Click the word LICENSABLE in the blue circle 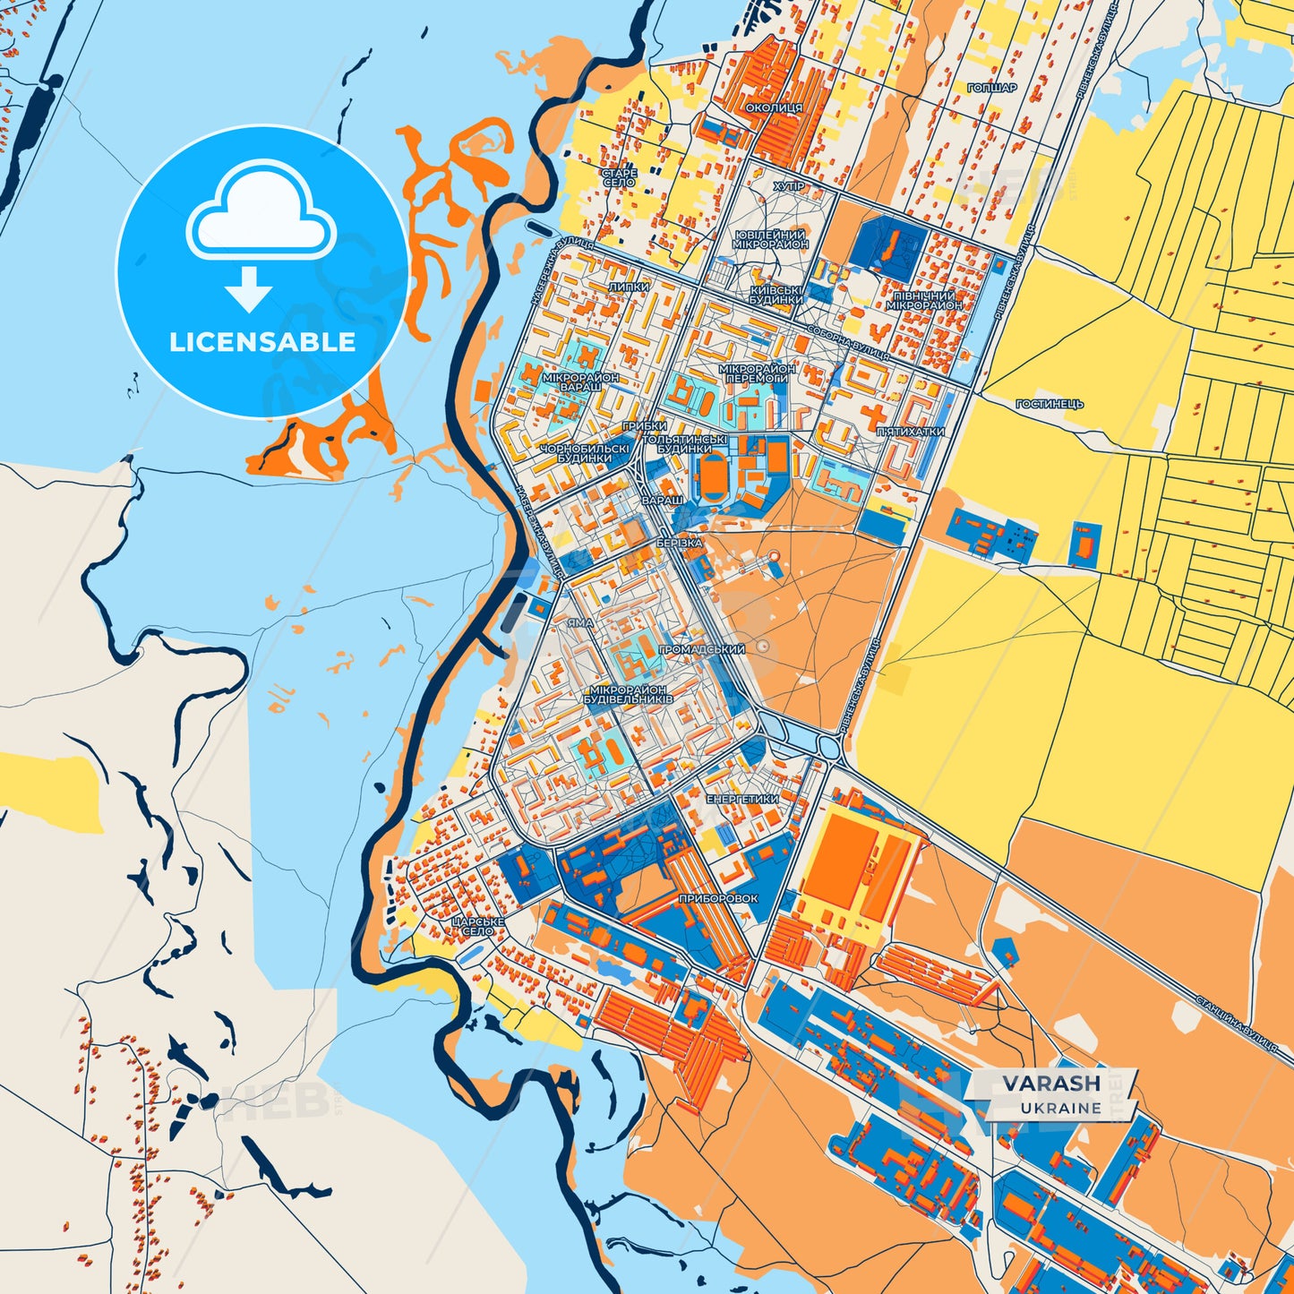pyautogui.click(x=262, y=342)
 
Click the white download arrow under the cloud pyautogui.click(x=249, y=288)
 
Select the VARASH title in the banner pyautogui.click(x=1051, y=1084)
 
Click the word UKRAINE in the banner pyautogui.click(x=1060, y=1108)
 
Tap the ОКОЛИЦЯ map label pyautogui.click(x=774, y=107)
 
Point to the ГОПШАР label pyautogui.click(x=992, y=88)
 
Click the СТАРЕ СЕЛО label pyautogui.click(x=619, y=177)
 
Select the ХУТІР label pyautogui.click(x=789, y=186)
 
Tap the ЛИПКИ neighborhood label pyautogui.click(x=629, y=287)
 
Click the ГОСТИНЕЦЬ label pyautogui.click(x=1050, y=404)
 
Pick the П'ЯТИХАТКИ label pyautogui.click(x=910, y=432)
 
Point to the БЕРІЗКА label pyautogui.click(x=679, y=544)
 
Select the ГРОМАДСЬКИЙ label pyautogui.click(x=702, y=649)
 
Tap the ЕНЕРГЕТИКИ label pyautogui.click(x=742, y=799)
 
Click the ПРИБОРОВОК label pyautogui.click(x=718, y=898)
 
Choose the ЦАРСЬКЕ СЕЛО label pyautogui.click(x=478, y=926)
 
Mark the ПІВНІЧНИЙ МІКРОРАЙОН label pyautogui.click(x=924, y=300)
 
